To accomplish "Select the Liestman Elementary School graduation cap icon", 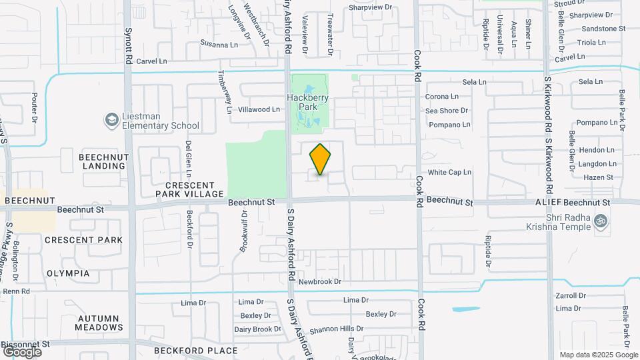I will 111,120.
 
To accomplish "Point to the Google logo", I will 21,351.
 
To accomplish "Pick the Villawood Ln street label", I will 259,109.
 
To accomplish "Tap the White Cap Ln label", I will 449,172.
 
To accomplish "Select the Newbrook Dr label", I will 319,282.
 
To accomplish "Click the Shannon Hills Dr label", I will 336,329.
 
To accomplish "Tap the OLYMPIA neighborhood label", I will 68,273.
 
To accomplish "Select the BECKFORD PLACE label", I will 195,350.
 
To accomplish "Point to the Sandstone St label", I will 603,29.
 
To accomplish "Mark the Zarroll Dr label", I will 571,295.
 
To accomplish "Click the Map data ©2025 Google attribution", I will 598,355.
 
